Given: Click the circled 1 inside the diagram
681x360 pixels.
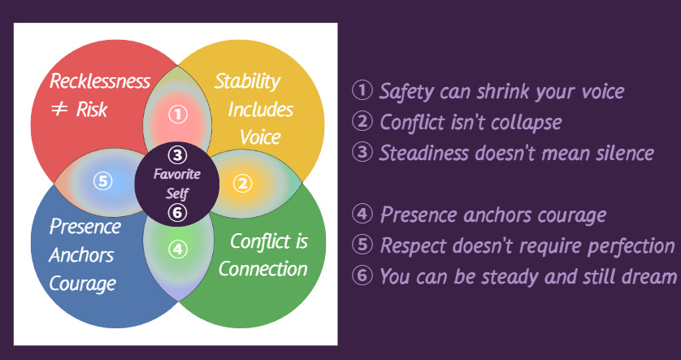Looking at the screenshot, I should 178,115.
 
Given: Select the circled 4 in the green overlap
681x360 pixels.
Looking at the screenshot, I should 178,249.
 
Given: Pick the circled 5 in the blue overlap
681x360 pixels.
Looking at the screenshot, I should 102,180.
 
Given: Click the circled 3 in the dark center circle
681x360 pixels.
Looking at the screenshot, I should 179,154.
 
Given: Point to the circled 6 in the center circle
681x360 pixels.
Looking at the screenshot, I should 179,213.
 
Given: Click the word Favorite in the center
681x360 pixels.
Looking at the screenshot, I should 177,174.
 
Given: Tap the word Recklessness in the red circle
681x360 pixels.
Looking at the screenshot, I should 100,81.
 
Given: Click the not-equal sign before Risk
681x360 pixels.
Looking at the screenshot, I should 59,110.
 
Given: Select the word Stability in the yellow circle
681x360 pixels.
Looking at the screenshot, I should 247,81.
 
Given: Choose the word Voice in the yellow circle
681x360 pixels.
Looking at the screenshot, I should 260,136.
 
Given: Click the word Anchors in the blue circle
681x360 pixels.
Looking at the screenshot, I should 80,255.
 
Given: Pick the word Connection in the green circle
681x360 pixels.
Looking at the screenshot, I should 262,269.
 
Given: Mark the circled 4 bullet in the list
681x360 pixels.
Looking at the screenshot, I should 362,215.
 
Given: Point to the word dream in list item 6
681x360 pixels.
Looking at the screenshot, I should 649,276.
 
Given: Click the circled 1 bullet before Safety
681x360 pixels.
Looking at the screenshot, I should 362,90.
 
